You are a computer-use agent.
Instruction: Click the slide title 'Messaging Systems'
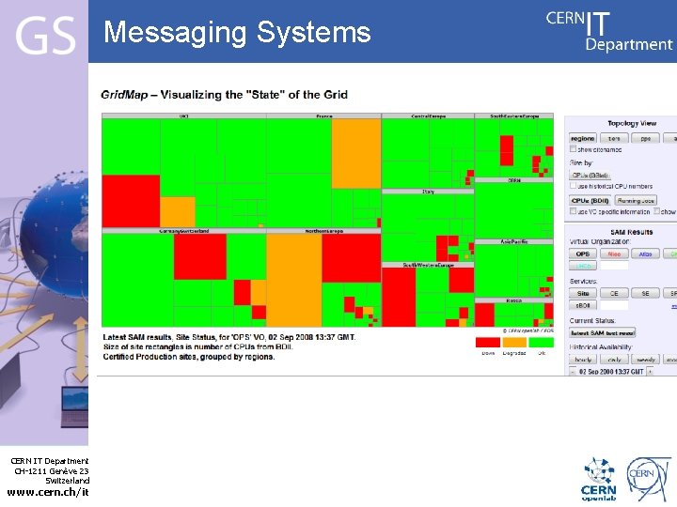pos(237,33)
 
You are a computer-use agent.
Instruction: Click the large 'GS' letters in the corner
pos(44,37)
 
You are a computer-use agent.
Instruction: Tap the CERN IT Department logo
pos(609,30)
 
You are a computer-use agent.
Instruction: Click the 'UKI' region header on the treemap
pos(183,116)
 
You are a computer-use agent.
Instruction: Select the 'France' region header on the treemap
pos(323,116)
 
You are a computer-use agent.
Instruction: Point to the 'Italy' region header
pos(428,191)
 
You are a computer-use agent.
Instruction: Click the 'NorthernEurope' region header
pos(323,230)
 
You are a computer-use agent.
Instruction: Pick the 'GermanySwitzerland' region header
pos(183,230)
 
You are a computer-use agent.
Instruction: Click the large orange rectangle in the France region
pos(355,154)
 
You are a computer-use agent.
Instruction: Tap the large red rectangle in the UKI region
pos(131,200)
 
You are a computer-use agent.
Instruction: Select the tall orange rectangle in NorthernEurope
pos(293,280)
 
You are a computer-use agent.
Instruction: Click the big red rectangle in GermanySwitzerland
pos(199,256)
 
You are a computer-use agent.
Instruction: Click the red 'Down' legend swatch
pos(487,343)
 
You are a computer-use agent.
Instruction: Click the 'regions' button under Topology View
pos(583,138)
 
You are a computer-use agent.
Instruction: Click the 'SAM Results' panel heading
pos(631,231)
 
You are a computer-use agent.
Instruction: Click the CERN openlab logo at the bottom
pos(599,479)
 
